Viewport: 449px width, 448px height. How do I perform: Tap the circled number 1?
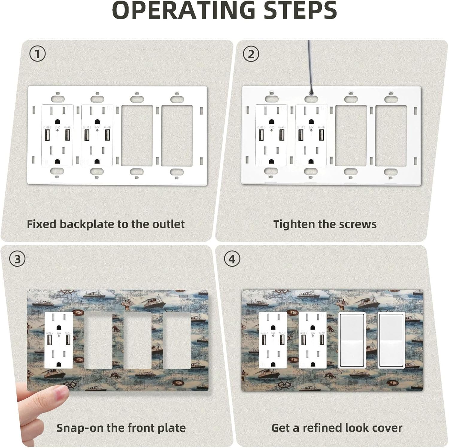37,54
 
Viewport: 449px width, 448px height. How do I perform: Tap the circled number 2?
251,54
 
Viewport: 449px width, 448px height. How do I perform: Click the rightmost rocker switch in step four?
391,340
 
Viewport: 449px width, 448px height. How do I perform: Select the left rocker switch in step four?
351,340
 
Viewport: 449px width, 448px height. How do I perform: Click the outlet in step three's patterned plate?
59,340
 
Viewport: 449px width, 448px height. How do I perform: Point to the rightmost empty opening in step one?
176,135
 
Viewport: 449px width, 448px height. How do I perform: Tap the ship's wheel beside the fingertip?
70,384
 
